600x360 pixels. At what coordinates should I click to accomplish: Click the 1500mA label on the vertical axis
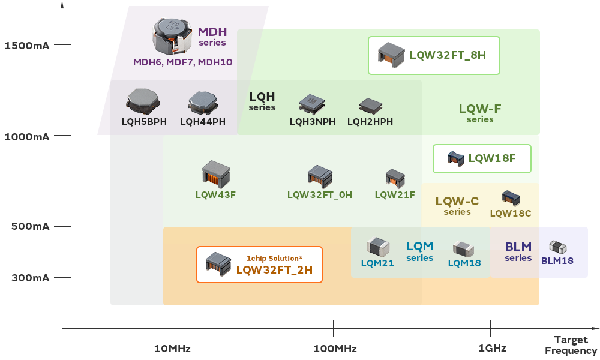pyautogui.click(x=26, y=46)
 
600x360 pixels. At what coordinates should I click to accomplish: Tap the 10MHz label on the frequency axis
pyautogui.click(x=172, y=349)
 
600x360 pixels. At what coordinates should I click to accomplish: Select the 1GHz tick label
pyautogui.click(x=492, y=349)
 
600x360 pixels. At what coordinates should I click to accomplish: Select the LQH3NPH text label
pyautogui.click(x=312, y=122)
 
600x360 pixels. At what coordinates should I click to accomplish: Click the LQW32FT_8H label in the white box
pyautogui.click(x=448, y=55)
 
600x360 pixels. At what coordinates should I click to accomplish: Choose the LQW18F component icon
pyautogui.click(x=456, y=159)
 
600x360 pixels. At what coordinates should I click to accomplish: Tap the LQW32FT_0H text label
pyautogui.click(x=320, y=194)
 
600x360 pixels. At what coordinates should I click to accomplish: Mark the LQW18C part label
pyautogui.click(x=511, y=213)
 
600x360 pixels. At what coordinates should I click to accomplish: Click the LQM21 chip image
pyautogui.click(x=378, y=246)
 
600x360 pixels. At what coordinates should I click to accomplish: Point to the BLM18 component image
pyautogui.click(x=557, y=247)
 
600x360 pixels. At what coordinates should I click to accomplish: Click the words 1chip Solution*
pyautogui.click(x=274, y=258)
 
